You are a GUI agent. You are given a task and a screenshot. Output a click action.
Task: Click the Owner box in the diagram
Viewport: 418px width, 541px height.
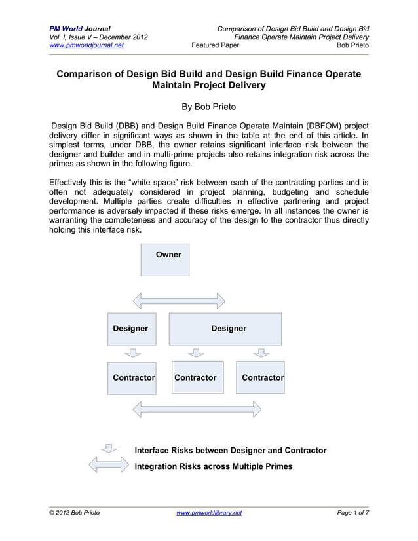[165, 260]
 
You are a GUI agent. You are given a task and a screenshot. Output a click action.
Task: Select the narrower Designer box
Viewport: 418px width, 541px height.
[132, 329]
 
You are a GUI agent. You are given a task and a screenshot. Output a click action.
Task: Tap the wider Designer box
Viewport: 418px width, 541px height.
[225, 329]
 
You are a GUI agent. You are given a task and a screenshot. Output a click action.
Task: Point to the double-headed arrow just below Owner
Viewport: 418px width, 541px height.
[179, 301]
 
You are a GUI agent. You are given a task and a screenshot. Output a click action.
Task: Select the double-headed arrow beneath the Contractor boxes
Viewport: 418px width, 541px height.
[197, 410]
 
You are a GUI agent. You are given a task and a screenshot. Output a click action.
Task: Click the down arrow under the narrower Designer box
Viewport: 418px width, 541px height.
[132, 353]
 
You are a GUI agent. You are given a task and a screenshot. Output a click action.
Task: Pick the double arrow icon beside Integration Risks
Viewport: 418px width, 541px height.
[108, 466]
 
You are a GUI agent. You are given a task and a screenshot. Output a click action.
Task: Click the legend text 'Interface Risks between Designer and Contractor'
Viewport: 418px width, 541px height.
[230, 451]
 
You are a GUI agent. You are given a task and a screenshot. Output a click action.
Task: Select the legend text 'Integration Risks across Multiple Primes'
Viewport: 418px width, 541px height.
[213, 466]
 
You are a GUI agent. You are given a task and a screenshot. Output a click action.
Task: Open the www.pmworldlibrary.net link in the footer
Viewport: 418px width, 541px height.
[209, 513]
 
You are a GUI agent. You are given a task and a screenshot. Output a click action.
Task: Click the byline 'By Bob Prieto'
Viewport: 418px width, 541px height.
[209, 106]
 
